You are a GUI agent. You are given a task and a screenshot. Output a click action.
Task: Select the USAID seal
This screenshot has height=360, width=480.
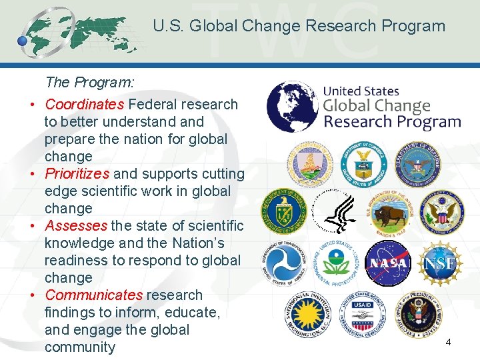(364, 314)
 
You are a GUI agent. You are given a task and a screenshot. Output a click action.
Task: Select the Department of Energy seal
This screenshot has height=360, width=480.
(283, 211)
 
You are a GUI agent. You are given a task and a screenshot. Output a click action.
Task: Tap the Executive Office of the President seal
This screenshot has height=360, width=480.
(417, 314)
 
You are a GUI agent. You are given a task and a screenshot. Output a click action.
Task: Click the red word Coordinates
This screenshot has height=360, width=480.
(85, 105)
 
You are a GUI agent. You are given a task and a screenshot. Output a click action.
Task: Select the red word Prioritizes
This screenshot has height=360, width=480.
(77, 174)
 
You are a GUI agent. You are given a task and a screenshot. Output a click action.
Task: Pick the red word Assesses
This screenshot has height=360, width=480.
(76, 226)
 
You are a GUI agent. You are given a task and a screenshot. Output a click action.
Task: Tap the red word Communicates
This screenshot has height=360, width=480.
(94, 295)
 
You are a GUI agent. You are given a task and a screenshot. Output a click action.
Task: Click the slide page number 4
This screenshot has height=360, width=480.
(448, 342)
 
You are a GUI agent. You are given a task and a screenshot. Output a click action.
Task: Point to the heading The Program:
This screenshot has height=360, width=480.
(90, 83)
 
